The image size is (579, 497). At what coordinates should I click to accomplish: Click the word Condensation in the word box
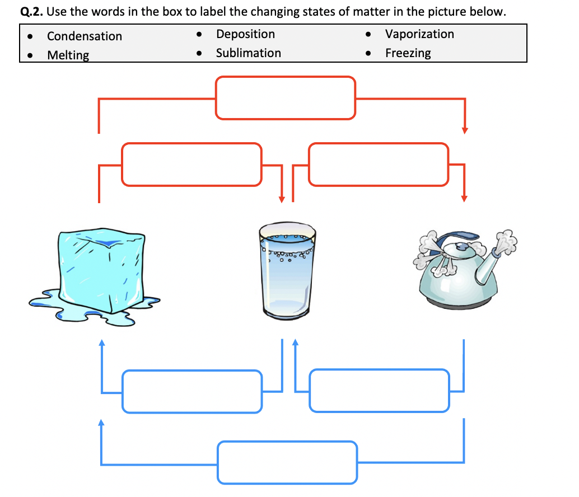84,36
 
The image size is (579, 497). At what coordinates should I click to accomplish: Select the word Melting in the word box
68,55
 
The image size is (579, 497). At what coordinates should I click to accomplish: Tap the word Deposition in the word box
245,34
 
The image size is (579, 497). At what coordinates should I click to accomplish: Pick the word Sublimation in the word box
248,53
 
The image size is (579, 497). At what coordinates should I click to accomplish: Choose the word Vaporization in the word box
419,34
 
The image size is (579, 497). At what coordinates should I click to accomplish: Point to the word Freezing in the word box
408,53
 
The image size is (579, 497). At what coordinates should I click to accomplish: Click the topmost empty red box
286,98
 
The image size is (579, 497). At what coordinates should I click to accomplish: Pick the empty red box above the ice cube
192,165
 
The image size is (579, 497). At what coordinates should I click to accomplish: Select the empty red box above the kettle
379,165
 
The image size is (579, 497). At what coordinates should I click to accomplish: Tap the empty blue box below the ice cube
192,391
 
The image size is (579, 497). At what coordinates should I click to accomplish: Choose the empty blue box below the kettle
379,391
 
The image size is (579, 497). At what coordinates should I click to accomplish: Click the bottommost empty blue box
287,462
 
